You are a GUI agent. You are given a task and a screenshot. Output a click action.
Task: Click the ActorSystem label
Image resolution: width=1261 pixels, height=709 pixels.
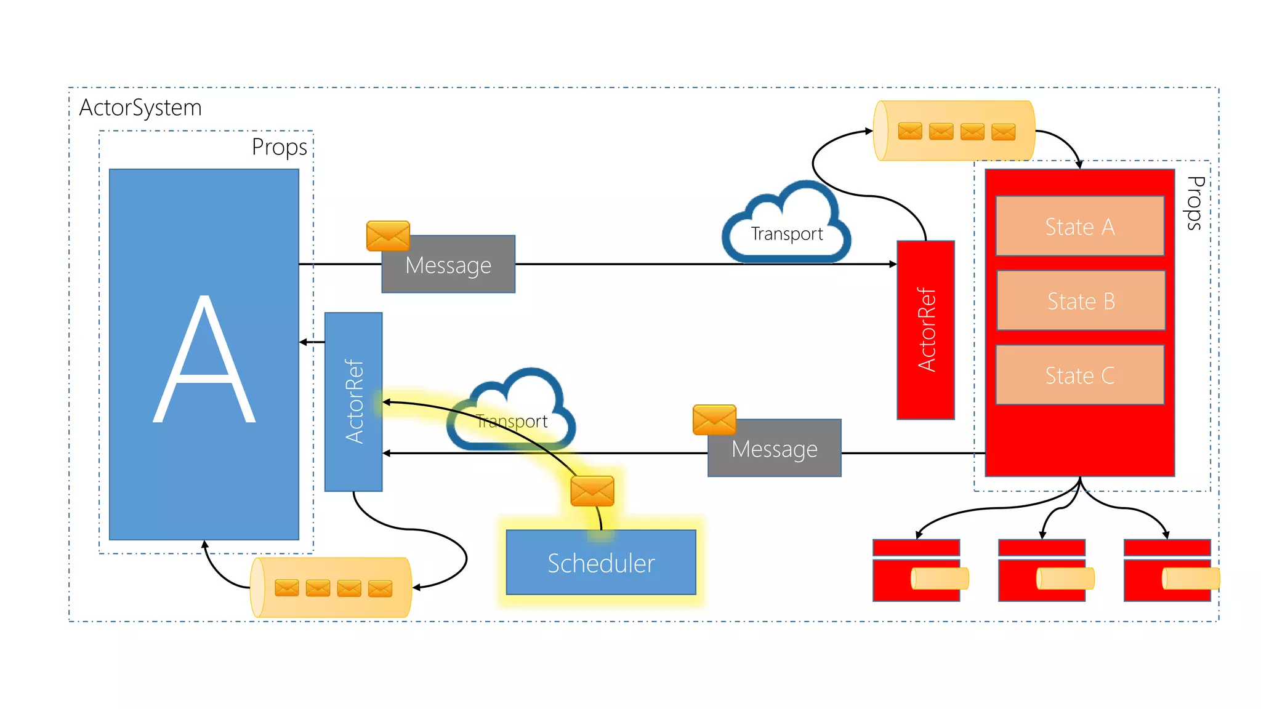pos(140,108)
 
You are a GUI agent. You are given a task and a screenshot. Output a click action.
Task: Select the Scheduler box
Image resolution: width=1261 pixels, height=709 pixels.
pos(601,563)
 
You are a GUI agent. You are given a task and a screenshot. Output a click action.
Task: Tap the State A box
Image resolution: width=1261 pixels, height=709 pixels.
pos(1080,226)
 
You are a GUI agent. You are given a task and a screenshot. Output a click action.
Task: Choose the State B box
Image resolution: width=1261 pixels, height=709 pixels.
pos(1081,300)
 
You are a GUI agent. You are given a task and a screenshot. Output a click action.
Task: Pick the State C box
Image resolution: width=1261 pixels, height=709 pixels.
pos(1080,375)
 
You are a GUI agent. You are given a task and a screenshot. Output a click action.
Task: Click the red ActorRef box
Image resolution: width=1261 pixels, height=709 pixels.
pos(925,330)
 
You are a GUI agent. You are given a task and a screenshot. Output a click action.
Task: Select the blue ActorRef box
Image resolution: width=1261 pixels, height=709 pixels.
pos(353,401)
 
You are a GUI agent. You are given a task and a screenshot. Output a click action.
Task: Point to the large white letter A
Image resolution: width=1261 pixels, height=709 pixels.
pos(204,360)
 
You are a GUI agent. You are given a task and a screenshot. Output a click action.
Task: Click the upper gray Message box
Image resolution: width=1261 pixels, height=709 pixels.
pos(448,265)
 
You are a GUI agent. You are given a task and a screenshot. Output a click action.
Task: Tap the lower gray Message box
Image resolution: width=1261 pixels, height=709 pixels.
pos(775,449)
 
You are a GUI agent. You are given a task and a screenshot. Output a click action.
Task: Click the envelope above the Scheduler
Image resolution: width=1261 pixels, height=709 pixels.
pos(592,491)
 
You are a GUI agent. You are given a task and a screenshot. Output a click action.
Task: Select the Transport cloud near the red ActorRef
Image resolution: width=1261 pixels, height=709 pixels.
pos(786,226)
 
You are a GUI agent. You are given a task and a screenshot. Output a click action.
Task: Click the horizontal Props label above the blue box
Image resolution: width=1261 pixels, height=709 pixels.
pos(279,147)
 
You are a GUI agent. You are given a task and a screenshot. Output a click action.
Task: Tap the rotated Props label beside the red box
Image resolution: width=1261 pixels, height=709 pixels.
pos(1195,203)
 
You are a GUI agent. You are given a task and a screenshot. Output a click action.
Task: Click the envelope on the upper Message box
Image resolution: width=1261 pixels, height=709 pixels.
pos(388,236)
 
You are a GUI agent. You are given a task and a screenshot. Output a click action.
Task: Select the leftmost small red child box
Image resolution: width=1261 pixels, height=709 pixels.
pos(916,571)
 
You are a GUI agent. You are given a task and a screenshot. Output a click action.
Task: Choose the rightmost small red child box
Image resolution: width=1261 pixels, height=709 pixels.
pos(1167,571)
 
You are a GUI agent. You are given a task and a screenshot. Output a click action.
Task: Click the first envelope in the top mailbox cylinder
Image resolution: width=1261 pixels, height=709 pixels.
pos(910,131)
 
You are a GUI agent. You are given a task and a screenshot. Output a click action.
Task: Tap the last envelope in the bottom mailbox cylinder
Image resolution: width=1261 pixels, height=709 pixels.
pos(380,588)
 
